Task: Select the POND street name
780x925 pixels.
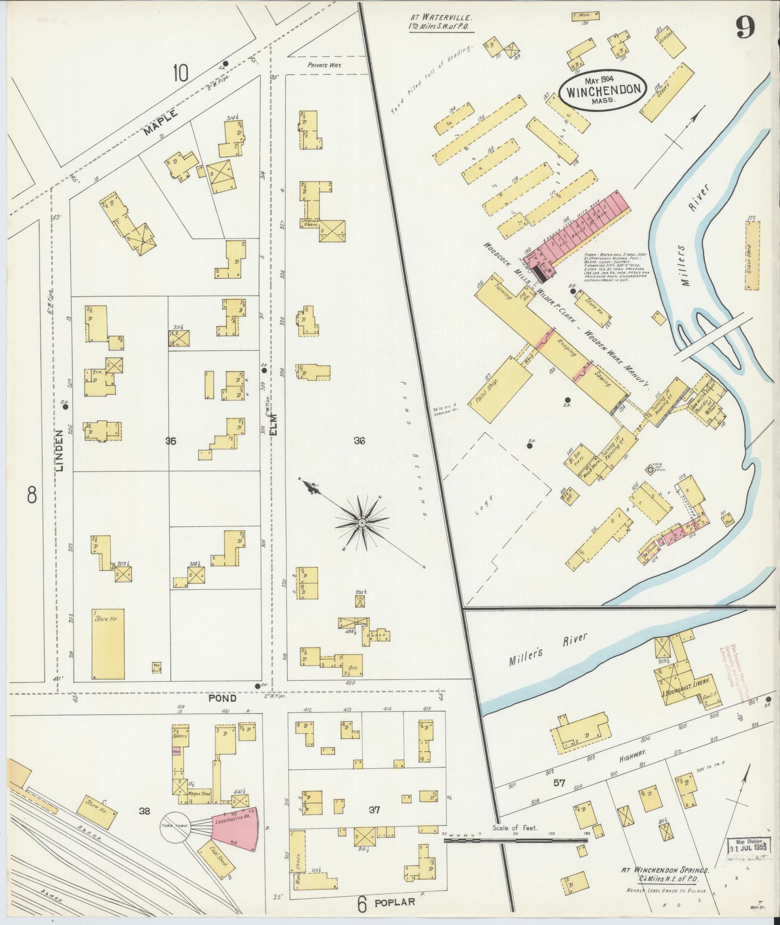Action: coord(222,698)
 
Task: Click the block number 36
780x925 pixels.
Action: coord(359,440)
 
